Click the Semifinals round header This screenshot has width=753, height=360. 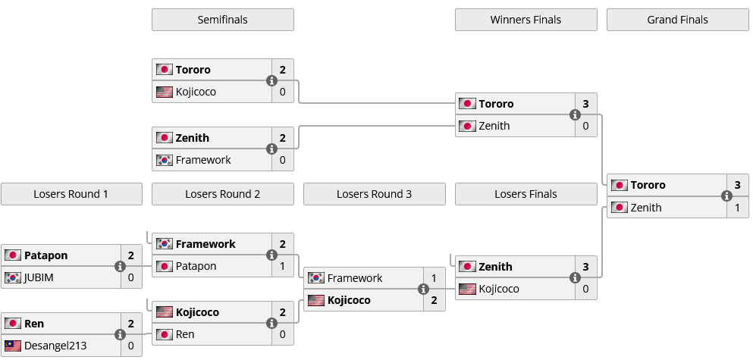(222, 20)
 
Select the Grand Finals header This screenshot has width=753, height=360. (677, 20)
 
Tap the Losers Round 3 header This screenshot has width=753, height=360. (374, 194)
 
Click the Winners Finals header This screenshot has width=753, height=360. (526, 20)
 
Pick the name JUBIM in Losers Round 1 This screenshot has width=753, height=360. (39, 277)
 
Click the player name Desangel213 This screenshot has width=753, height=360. (55, 346)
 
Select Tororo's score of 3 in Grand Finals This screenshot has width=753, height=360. (737, 185)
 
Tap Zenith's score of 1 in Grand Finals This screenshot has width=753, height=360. (737, 208)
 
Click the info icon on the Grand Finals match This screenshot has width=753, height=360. (726, 196)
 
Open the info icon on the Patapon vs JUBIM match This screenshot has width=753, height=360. (120, 266)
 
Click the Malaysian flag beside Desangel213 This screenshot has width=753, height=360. (12, 346)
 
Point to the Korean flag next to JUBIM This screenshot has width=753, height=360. (12, 277)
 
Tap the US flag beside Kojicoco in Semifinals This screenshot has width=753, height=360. (164, 92)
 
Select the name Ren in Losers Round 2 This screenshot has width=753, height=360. (185, 334)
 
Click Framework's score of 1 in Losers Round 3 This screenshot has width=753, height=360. (434, 278)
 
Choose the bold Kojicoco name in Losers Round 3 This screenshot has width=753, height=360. (349, 300)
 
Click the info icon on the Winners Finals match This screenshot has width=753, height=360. (575, 114)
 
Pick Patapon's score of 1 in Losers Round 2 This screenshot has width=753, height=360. (282, 266)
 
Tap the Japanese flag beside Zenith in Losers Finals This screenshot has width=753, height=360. (467, 267)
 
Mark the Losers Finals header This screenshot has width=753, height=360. (526, 194)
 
